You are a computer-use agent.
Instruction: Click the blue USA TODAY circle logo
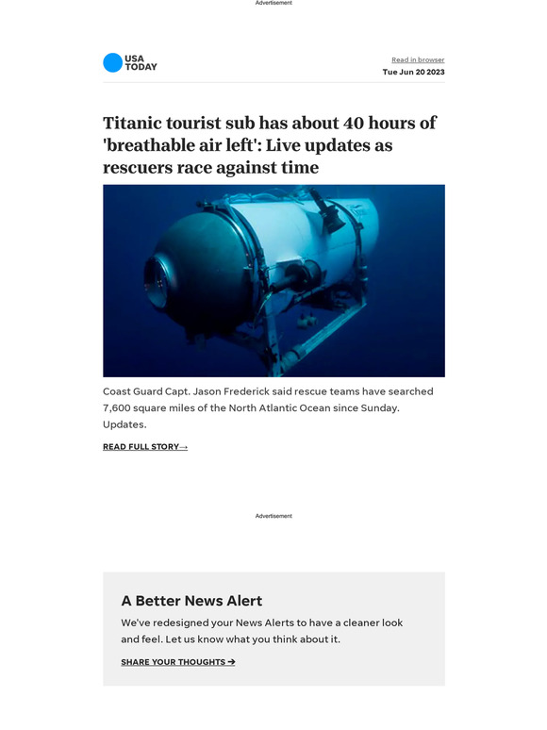coord(112,63)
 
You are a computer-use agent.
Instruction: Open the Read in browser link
coord(418,60)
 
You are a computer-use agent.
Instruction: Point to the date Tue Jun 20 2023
coord(413,73)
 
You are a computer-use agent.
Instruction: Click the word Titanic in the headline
coord(137,124)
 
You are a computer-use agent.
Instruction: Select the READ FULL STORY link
coord(144,447)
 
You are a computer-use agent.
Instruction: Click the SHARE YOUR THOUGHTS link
coord(177,662)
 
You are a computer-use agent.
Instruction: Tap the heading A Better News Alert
coord(191,601)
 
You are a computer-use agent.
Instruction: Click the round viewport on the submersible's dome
coord(157,278)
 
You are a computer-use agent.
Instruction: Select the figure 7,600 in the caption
coord(123,408)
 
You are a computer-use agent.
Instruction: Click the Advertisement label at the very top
coord(273,3)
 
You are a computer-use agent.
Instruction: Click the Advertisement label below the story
coord(273,516)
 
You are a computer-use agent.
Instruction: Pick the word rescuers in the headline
coord(141,168)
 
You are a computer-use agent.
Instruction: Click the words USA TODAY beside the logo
coord(141,63)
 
